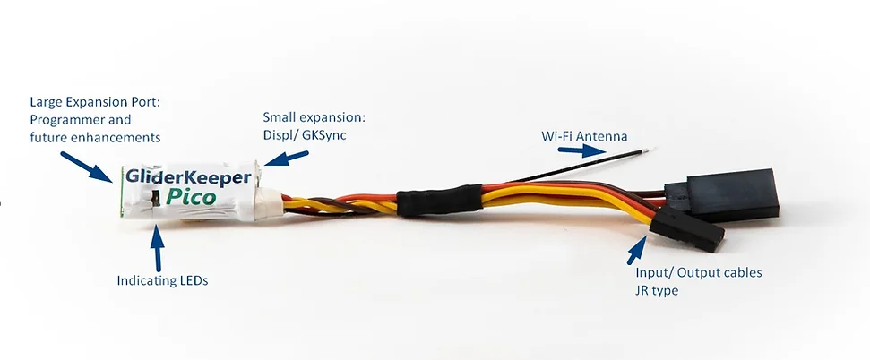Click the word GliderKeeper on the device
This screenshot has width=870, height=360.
(x=188, y=176)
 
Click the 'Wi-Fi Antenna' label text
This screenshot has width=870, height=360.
(x=584, y=136)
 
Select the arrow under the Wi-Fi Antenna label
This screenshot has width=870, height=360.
(x=581, y=150)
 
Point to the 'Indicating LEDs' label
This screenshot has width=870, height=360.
(x=162, y=280)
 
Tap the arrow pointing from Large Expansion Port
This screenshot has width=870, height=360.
(x=86, y=167)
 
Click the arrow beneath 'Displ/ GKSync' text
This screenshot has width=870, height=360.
(x=287, y=158)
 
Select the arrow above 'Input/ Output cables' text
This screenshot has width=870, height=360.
(x=637, y=250)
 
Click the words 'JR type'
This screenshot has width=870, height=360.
(x=657, y=290)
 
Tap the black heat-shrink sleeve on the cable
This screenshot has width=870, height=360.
(x=439, y=200)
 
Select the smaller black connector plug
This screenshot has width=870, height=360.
(x=688, y=228)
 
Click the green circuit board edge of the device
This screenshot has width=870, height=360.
(x=121, y=190)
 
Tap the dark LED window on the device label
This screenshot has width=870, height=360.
(x=156, y=198)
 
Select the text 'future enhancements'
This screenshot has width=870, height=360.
(x=96, y=136)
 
